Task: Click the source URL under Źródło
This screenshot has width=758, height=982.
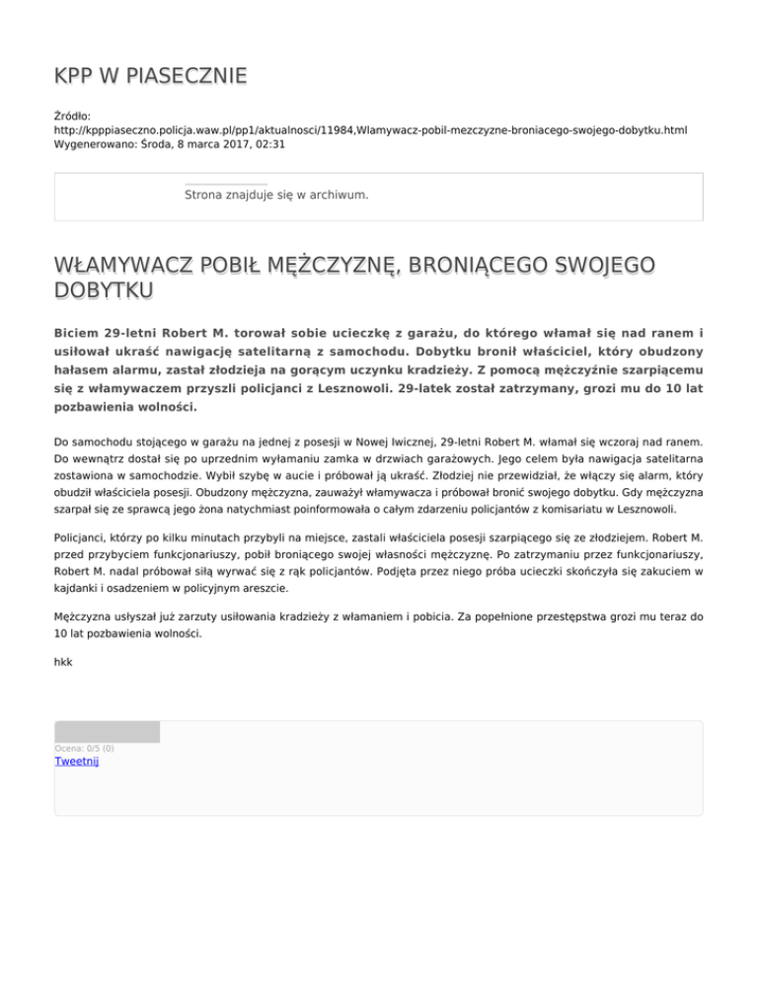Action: coord(370,129)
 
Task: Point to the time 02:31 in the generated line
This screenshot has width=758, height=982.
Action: coord(269,143)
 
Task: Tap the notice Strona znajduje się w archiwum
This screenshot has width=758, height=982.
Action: coord(276,195)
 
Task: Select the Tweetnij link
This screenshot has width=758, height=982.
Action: coord(77,761)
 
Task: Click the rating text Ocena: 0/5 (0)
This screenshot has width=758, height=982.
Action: coord(84,749)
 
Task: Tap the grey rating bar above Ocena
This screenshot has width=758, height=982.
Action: coord(107,732)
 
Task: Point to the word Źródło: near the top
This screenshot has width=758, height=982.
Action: coord(72,116)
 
